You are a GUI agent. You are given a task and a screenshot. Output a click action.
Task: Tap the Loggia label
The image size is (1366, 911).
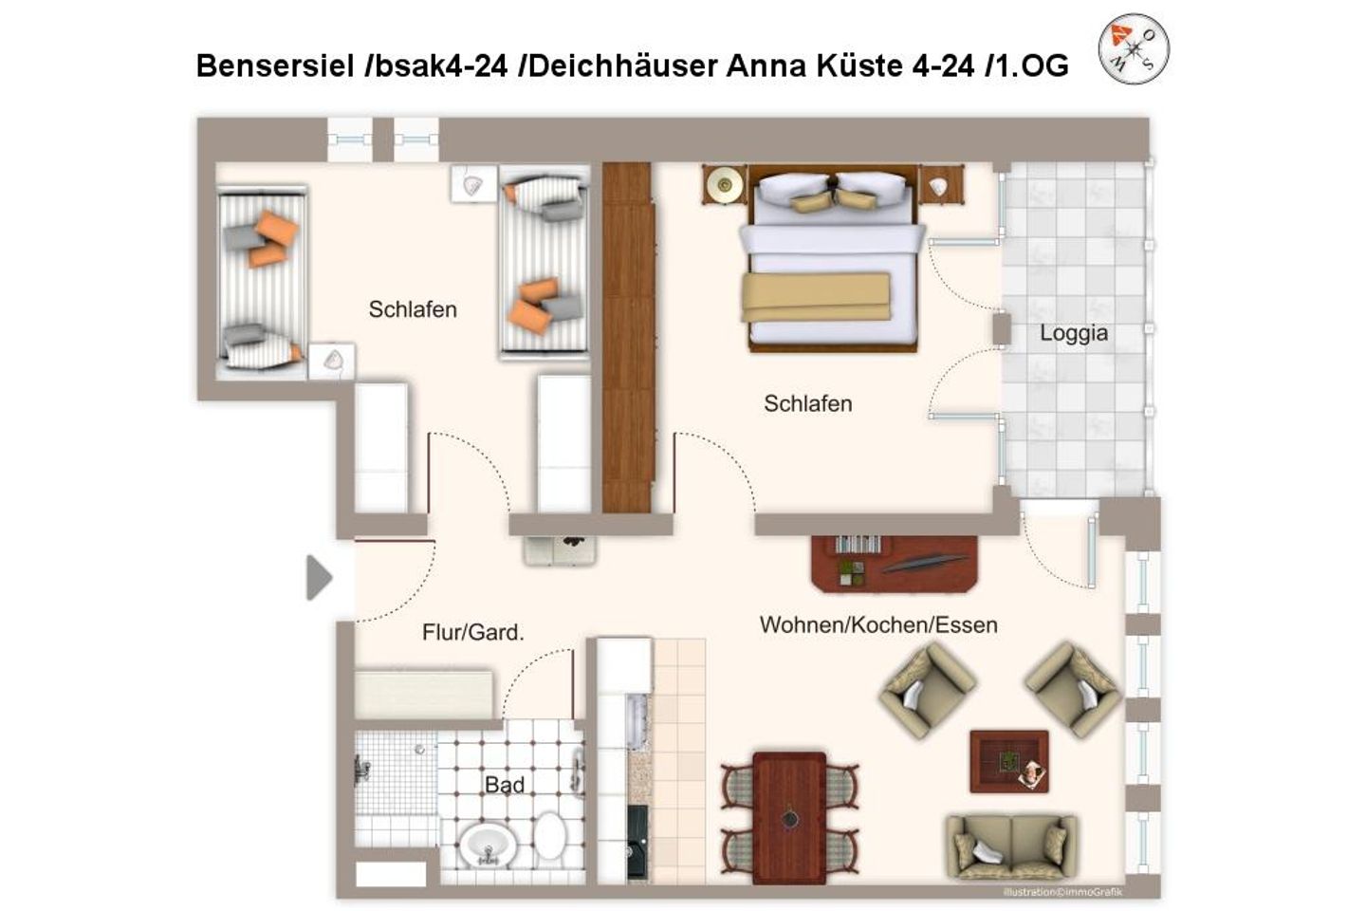click(x=1073, y=333)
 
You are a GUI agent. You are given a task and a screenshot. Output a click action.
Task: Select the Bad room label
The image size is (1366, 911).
click(x=504, y=785)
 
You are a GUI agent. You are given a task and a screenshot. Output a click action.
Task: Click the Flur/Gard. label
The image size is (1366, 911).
click(x=472, y=632)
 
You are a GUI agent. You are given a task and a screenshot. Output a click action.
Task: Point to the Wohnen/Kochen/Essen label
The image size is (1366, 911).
click(x=877, y=625)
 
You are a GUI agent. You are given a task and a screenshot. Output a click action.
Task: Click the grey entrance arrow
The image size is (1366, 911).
click(x=319, y=577)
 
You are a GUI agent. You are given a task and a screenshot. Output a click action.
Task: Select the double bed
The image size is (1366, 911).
click(x=831, y=261)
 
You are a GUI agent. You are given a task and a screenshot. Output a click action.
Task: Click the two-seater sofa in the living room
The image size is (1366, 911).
click(x=1010, y=846)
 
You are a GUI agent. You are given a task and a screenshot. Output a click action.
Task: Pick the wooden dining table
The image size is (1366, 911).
click(x=789, y=804)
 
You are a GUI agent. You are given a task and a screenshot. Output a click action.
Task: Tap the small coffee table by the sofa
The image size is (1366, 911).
click(x=1008, y=761)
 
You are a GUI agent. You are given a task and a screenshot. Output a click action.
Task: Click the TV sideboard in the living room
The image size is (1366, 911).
click(x=894, y=563)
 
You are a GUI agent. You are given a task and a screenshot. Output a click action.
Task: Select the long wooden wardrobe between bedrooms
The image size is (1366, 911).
click(x=628, y=337)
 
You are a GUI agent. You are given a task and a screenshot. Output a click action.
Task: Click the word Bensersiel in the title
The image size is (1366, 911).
click(x=274, y=65)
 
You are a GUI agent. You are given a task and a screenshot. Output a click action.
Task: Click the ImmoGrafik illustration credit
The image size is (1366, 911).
click(x=1061, y=891)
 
